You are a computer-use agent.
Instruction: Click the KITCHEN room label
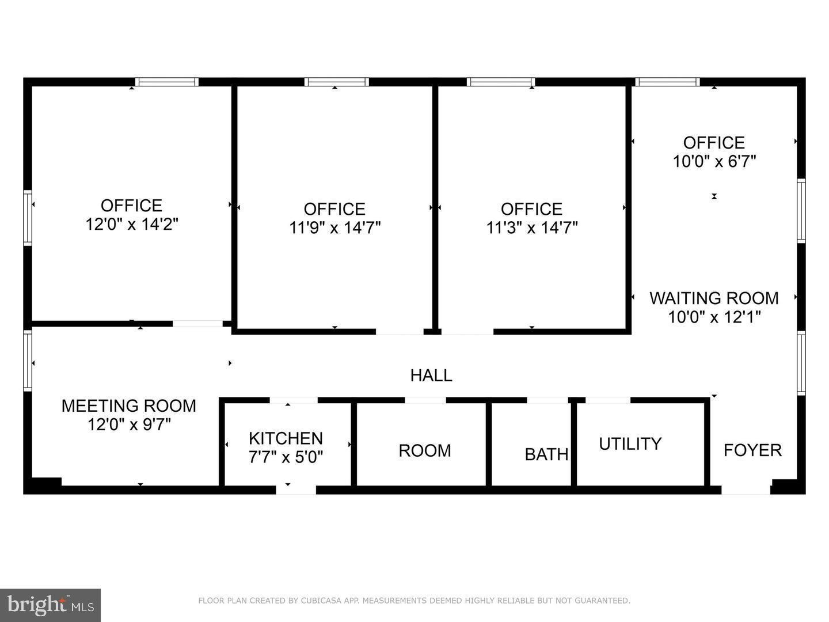click(x=286, y=438)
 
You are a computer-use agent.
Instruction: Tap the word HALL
click(x=431, y=376)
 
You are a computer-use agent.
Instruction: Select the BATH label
click(x=546, y=454)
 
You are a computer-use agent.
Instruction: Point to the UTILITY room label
click(x=630, y=443)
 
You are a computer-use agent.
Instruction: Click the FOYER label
click(x=752, y=450)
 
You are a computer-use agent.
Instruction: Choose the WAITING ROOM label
click(x=714, y=298)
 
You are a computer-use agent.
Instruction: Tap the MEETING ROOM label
click(x=129, y=406)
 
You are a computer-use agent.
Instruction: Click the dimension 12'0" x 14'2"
click(x=132, y=224)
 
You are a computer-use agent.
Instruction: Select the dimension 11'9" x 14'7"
click(x=334, y=227)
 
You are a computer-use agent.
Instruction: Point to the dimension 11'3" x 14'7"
click(x=532, y=227)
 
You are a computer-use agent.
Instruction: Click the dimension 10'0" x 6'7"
click(x=714, y=161)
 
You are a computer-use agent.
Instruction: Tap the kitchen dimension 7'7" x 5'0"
click(x=286, y=457)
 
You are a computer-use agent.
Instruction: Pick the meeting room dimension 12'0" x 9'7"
click(x=129, y=424)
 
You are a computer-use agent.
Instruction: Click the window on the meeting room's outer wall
click(x=28, y=361)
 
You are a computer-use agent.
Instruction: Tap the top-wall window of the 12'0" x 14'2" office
click(x=167, y=82)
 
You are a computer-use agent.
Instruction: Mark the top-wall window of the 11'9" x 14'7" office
click(x=337, y=82)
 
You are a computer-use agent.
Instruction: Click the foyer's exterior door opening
click(x=746, y=490)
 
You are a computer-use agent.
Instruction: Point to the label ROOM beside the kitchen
click(x=425, y=450)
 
